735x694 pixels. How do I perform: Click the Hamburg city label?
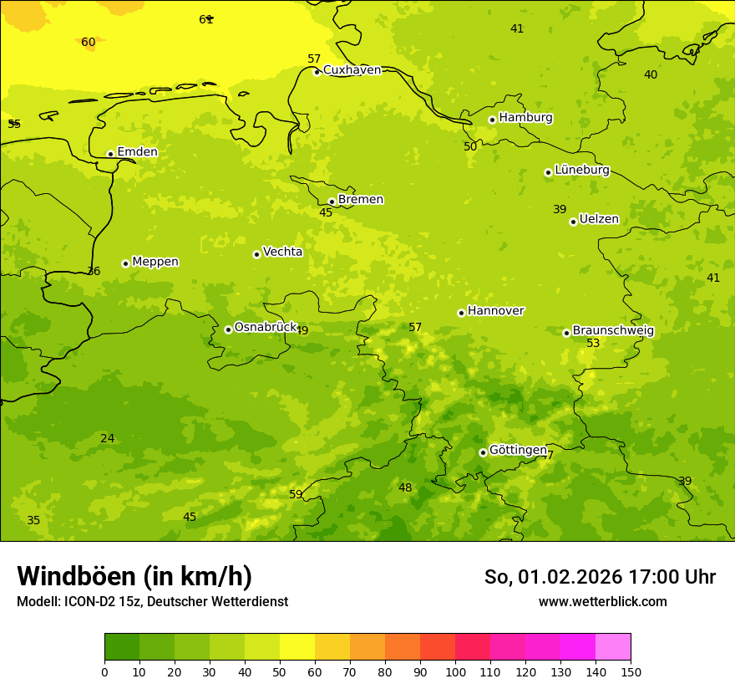click(525, 118)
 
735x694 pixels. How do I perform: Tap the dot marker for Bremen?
click(332, 202)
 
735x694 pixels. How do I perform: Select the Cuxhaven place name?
click(352, 70)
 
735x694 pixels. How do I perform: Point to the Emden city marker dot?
click(110, 154)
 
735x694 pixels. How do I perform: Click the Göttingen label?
click(518, 451)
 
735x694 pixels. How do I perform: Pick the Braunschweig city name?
click(613, 331)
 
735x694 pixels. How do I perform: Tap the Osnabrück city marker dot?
click(228, 329)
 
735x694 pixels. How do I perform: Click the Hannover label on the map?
click(495, 311)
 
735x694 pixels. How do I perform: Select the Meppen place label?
click(155, 262)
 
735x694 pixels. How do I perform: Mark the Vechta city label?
click(282, 252)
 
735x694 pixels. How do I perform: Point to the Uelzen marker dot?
click(573, 222)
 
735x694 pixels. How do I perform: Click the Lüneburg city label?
click(581, 170)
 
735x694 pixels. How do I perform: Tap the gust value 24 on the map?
click(108, 439)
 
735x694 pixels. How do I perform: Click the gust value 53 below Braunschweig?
click(593, 344)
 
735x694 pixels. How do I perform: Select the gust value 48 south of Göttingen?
click(405, 488)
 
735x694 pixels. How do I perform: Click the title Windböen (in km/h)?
click(134, 576)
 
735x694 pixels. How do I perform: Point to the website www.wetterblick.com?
click(602, 602)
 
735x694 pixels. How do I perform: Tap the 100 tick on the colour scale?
click(455, 671)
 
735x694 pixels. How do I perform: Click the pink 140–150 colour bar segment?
click(613, 647)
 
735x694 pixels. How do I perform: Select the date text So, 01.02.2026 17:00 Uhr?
click(600, 577)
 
